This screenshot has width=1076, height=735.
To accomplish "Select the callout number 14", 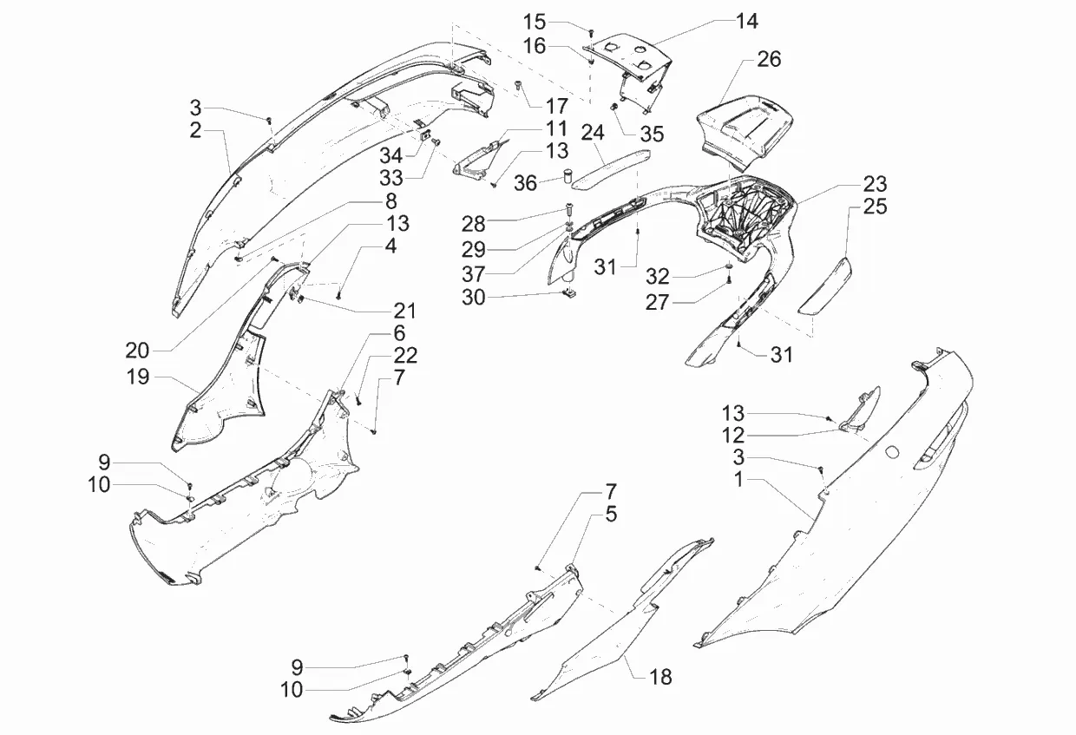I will pyautogui.click(x=745, y=21).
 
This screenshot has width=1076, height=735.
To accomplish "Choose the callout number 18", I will pyautogui.click(x=660, y=677).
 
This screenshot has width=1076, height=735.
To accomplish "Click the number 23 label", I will pyautogui.click(x=875, y=184).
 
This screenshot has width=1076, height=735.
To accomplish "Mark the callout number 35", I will pyautogui.click(x=652, y=134).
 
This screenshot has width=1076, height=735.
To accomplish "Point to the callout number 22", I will pyautogui.click(x=405, y=355).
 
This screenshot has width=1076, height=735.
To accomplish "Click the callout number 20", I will pyautogui.click(x=137, y=350).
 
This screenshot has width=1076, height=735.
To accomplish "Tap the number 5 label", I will pyautogui.click(x=611, y=515).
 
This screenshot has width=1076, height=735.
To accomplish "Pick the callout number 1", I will pyautogui.click(x=738, y=480).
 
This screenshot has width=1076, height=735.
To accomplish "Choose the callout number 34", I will pyautogui.click(x=391, y=156).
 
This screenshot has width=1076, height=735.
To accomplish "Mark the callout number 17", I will pyautogui.click(x=556, y=106).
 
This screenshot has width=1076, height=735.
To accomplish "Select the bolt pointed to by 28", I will pyautogui.click(x=568, y=208).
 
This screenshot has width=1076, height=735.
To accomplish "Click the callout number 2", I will pyautogui.click(x=196, y=130).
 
